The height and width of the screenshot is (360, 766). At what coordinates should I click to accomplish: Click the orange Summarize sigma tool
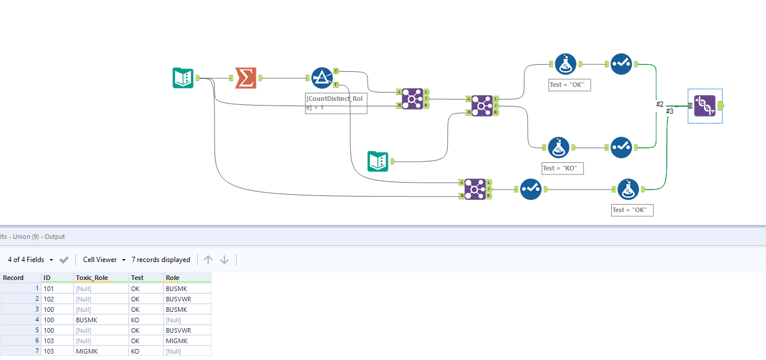[x=245, y=78]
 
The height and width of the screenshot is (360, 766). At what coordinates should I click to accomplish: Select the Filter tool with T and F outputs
[x=321, y=78]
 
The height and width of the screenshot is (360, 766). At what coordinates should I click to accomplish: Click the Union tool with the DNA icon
[x=705, y=106]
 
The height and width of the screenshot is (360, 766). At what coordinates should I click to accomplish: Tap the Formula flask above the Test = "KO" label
[x=558, y=148]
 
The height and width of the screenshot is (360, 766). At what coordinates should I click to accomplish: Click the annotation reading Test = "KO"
[x=562, y=168]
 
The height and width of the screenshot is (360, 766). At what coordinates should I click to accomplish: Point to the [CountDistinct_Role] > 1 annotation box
[x=336, y=103]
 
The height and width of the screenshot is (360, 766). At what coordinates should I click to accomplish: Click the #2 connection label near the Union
[x=660, y=104]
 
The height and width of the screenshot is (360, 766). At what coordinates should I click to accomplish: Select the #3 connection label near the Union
[x=670, y=111]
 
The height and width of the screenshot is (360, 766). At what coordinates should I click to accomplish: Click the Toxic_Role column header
[x=92, y=278]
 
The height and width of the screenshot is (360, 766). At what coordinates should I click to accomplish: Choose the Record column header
[x=14, y=278]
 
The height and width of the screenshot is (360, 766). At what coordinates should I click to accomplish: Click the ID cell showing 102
[x=49, y=299]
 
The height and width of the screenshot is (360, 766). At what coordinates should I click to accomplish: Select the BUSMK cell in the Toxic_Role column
[x=86, y=320]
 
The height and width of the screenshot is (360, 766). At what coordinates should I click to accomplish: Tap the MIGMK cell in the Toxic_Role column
[x=86, y=351]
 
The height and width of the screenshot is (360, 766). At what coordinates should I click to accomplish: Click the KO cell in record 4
[x=135, y=320]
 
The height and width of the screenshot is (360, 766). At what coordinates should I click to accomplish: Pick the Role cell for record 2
[x=178, y=299]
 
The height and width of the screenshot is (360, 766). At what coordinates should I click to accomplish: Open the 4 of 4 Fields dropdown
[x=31, y=260]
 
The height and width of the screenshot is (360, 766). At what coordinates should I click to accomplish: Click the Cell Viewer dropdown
[x=104, y=260]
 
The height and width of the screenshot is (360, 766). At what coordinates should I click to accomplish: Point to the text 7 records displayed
[x=161, y=260]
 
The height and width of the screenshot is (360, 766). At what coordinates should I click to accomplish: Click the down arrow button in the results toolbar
[x=224, y=260]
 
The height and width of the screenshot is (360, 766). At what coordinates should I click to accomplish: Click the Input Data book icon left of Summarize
[x=183, y=78]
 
